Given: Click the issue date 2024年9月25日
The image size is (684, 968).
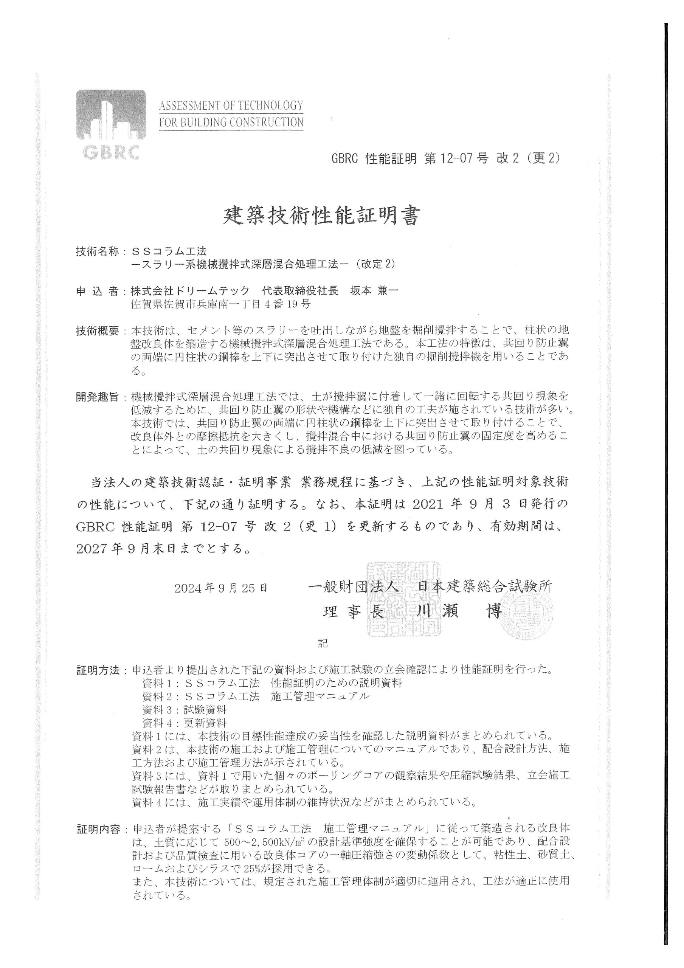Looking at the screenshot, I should [220, 588].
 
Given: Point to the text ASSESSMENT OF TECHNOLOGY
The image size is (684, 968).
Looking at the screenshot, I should [231, 105].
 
